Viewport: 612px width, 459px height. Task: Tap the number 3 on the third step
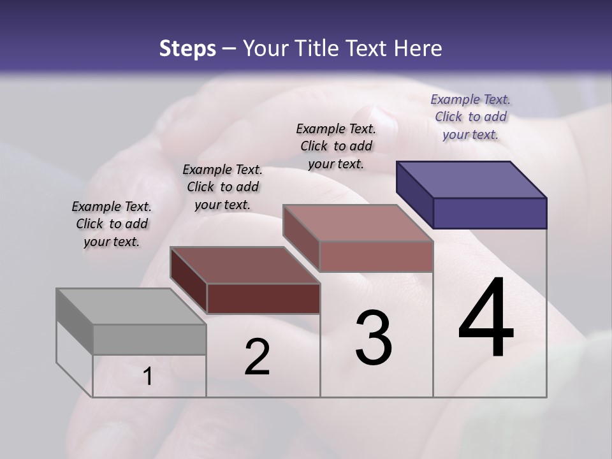tap(374, 338)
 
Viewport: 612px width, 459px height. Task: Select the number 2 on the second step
tap(257, 357)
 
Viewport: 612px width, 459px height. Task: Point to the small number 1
tap(148, 377)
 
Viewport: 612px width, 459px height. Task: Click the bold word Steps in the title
tap(187, 48)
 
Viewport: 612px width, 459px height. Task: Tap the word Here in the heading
tap(418, 48)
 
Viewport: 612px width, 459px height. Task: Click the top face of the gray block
tap(131, 307)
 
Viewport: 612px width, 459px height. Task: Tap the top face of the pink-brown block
tap(358, 223)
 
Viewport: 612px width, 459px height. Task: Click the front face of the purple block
tap(490, 213)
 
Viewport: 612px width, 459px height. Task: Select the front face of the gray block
tap(149, 339)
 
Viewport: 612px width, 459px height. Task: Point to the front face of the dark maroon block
tap(263, 298)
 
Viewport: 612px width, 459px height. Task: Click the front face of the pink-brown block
tap(376, 256)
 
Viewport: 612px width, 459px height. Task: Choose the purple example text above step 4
tap(470, 117)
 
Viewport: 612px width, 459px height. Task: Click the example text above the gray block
tap(112, 224)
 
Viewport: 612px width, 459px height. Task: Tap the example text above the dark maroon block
tap(222, 187)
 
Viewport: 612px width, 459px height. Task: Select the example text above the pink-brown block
tap(336, 146)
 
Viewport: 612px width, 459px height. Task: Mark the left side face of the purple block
tap(415, 194)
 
